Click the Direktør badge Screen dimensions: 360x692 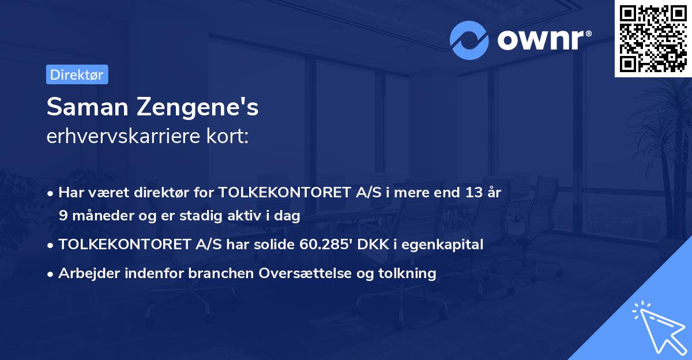77,74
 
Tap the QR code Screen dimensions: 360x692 652,38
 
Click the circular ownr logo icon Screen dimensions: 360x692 469,40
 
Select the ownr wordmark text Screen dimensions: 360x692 542,39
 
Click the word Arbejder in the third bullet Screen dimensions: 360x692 87,273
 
